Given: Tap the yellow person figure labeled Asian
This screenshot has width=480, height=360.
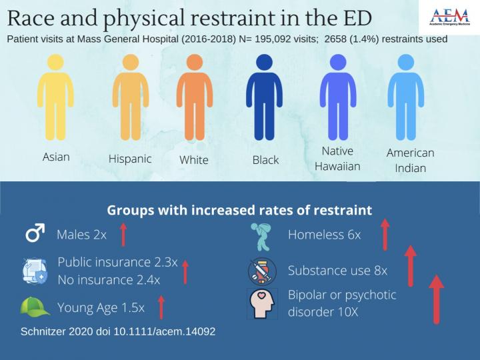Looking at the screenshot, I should tap(55, 100).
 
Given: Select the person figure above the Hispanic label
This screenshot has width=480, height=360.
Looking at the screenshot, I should tap(130, 100).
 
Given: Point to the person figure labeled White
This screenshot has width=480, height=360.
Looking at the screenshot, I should tap(194, 100).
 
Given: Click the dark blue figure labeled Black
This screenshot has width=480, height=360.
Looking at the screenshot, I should tap(265, 100).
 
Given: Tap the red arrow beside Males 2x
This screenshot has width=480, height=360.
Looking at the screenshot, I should tap(122, 235).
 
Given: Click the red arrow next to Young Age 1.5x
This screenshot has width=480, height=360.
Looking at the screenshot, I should tap(161, 307).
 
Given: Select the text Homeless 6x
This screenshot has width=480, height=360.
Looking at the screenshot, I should tap(324, 235).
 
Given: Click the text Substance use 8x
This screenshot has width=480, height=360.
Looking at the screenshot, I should tap(337, 271).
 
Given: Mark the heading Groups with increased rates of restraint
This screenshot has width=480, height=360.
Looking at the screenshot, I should tap(239, 211).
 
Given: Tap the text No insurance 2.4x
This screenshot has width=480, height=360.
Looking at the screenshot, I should tap(109, 279).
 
